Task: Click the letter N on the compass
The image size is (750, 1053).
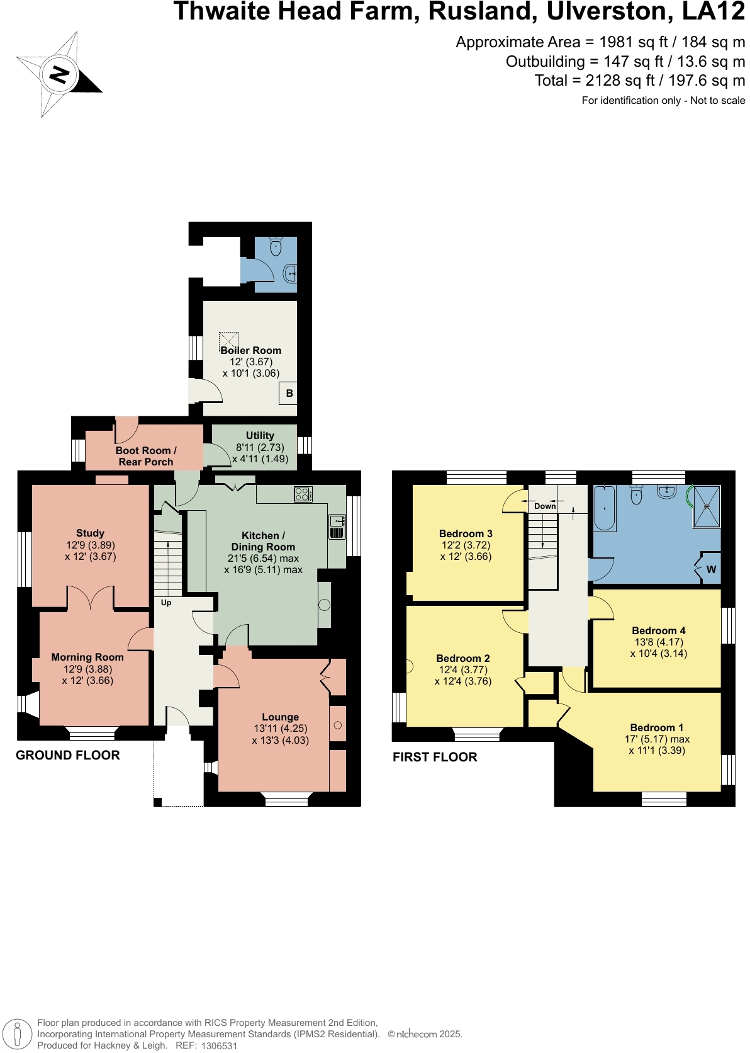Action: [59, 75]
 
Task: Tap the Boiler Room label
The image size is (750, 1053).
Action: [250, 350]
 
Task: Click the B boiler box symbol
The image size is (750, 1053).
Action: [289, 393]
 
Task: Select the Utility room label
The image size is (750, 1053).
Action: [260, 435]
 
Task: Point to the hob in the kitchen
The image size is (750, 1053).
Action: [303, 494]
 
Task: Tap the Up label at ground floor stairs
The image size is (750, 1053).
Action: [166, 603]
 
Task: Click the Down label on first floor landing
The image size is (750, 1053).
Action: [545, 506]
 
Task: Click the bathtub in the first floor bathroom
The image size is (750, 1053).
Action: [605, 508]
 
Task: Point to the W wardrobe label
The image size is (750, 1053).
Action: [711, 569]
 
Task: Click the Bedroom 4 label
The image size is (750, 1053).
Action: [658, 630]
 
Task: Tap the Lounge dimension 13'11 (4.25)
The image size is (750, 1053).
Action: [280, 729]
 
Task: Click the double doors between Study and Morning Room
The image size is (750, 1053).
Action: [92, 598]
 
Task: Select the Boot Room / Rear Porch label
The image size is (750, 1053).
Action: [146, 456]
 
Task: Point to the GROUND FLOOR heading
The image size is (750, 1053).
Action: [67, 755]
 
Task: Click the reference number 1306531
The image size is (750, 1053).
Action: [219, 1045]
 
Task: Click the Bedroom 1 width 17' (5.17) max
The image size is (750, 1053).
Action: [657, 739]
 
